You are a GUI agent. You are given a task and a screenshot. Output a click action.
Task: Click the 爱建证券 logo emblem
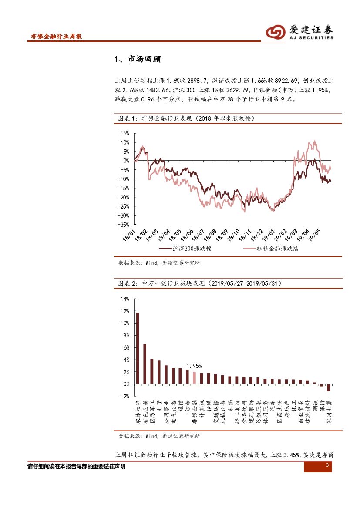[x=276, y=32]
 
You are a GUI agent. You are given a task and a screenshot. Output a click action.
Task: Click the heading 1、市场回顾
[x=138, y=59]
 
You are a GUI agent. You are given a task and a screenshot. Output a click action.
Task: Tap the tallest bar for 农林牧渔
[x=138, y=348]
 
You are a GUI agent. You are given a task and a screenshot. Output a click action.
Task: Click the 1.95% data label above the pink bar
[x=194, y=366]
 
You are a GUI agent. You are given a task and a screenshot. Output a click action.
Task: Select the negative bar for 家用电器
[x=329, y=388]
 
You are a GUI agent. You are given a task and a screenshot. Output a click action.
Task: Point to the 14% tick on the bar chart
[x=125, y=299]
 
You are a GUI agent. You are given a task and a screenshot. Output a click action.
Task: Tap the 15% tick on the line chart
[x=125, y=133]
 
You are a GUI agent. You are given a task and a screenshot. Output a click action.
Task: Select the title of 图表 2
[x=200, y=283]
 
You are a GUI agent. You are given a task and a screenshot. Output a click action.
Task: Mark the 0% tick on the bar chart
[x=126, y=384]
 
